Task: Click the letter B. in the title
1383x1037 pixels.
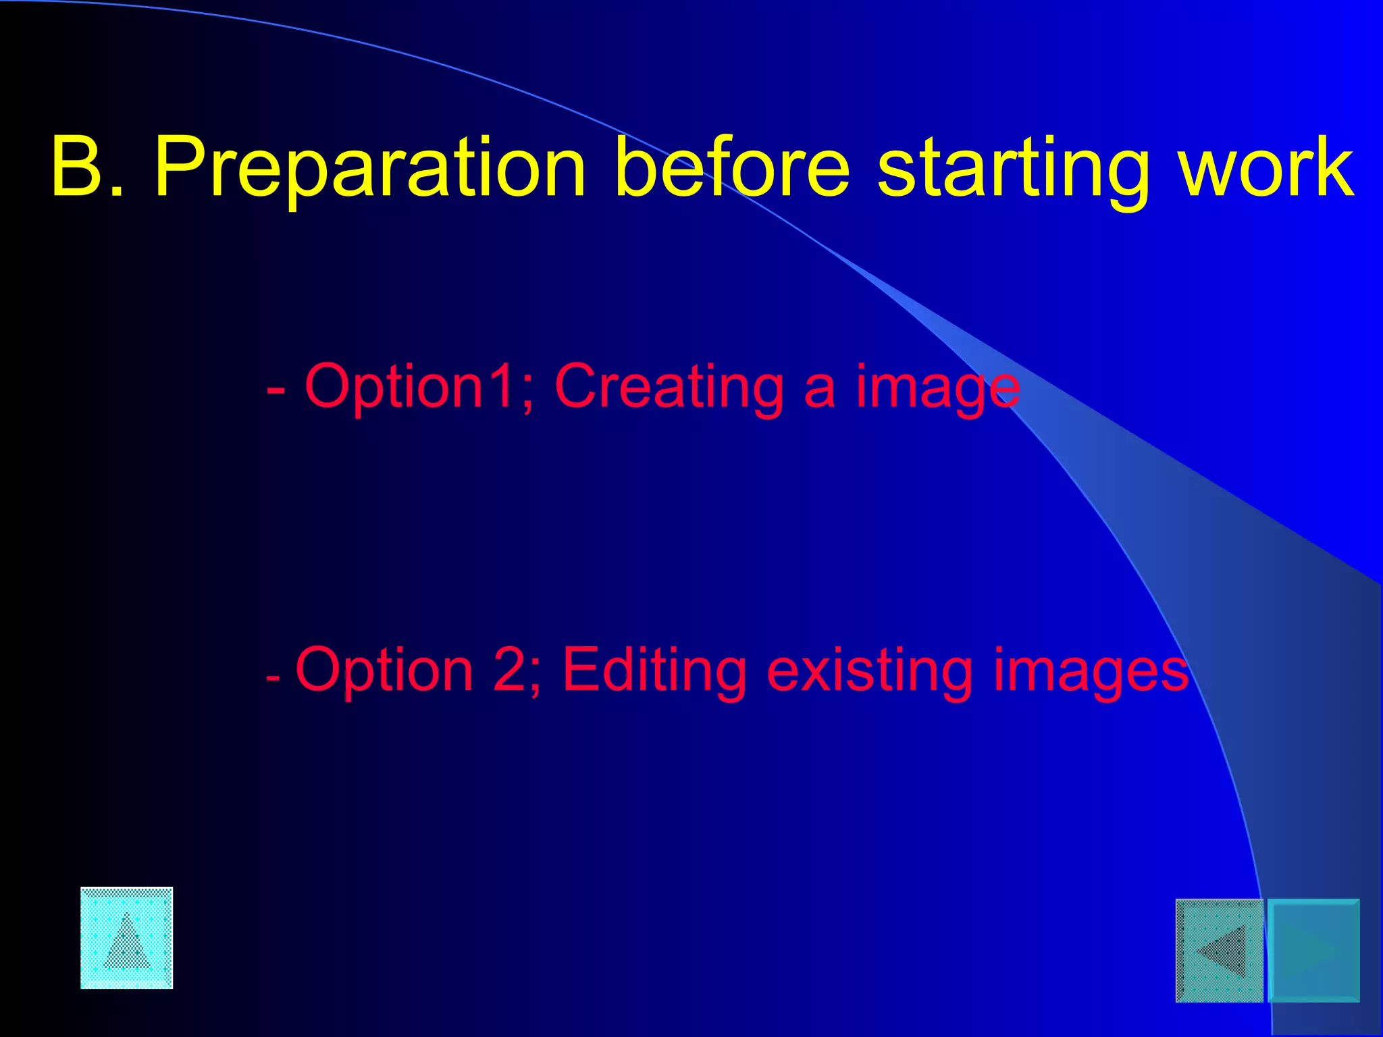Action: click(x=88, y=167)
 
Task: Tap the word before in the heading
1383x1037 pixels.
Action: click(x=733, y=167)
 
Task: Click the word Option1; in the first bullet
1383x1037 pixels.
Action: click(x=419, y=387)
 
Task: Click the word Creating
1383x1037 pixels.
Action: click(x=669, y=387)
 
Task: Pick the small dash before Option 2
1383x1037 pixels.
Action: click(x=273, y=677)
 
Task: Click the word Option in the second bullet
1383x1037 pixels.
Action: click(x=384, y=670)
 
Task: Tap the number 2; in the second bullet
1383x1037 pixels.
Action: click(x=517, y=670)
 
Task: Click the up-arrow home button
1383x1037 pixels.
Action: click(x=127, y=938)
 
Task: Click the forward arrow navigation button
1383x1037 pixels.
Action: click(x=1314, y=950)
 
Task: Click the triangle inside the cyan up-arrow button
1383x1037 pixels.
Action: click(x=127, y=942)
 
